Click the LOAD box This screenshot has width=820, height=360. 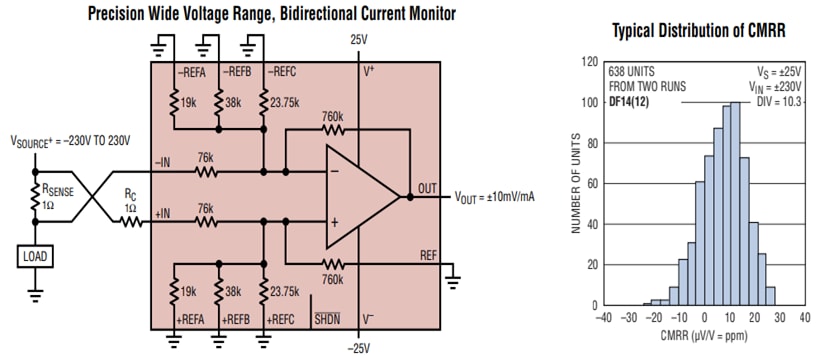click(34, 256)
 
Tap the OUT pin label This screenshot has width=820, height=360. click(426, 186)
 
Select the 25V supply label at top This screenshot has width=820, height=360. click(359, 39)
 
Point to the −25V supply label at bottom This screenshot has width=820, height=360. click(359, 348)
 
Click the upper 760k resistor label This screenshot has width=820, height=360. click(333, 116)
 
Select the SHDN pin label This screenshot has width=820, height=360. click(326, 319)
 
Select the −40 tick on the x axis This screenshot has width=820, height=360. click(602, 318)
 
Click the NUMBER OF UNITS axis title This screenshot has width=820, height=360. click(575, 185)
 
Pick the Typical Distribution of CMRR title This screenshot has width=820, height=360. click(698, 31)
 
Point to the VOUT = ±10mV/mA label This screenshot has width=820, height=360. click(495, 196)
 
